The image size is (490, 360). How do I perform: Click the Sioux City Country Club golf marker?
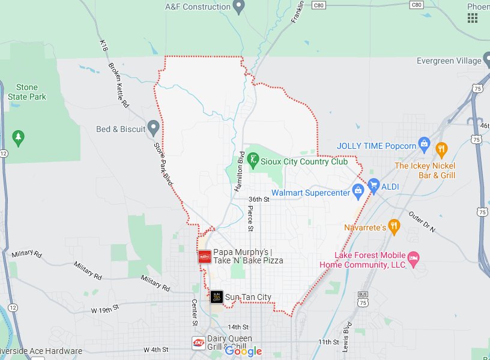click(x=255, y=161)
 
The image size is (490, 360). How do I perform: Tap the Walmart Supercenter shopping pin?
click(x=358, y=193)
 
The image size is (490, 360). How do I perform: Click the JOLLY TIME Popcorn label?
click(x=377, y=146)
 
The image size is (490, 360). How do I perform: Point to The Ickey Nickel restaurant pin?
click(x=441, y=148)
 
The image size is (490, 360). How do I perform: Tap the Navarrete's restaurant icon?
click(x=394, y=226)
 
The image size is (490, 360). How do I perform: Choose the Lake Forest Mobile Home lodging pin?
click(x=414, y=257)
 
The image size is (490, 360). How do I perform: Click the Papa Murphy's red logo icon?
click(x=204, y=256)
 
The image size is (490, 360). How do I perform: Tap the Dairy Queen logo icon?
click(x=198, y=343)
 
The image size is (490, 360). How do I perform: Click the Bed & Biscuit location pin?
click(x=153, y=128)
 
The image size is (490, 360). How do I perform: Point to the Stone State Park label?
click(x=23, y=92)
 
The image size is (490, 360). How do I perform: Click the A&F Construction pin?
click(x=239, y=7)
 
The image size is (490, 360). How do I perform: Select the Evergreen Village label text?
click(x=449, y=61)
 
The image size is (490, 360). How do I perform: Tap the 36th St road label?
click(x=260, y=199)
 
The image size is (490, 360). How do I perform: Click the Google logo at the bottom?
click(x=243, y=351)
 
